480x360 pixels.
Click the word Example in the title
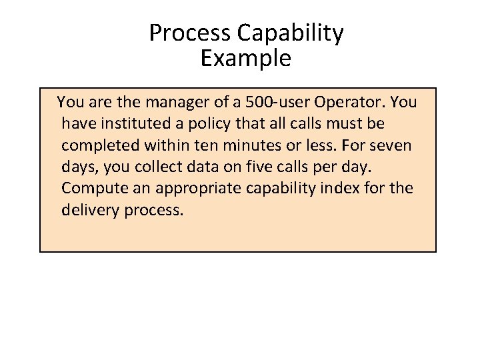click(245, 59)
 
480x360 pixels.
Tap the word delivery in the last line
click(88, 210)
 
